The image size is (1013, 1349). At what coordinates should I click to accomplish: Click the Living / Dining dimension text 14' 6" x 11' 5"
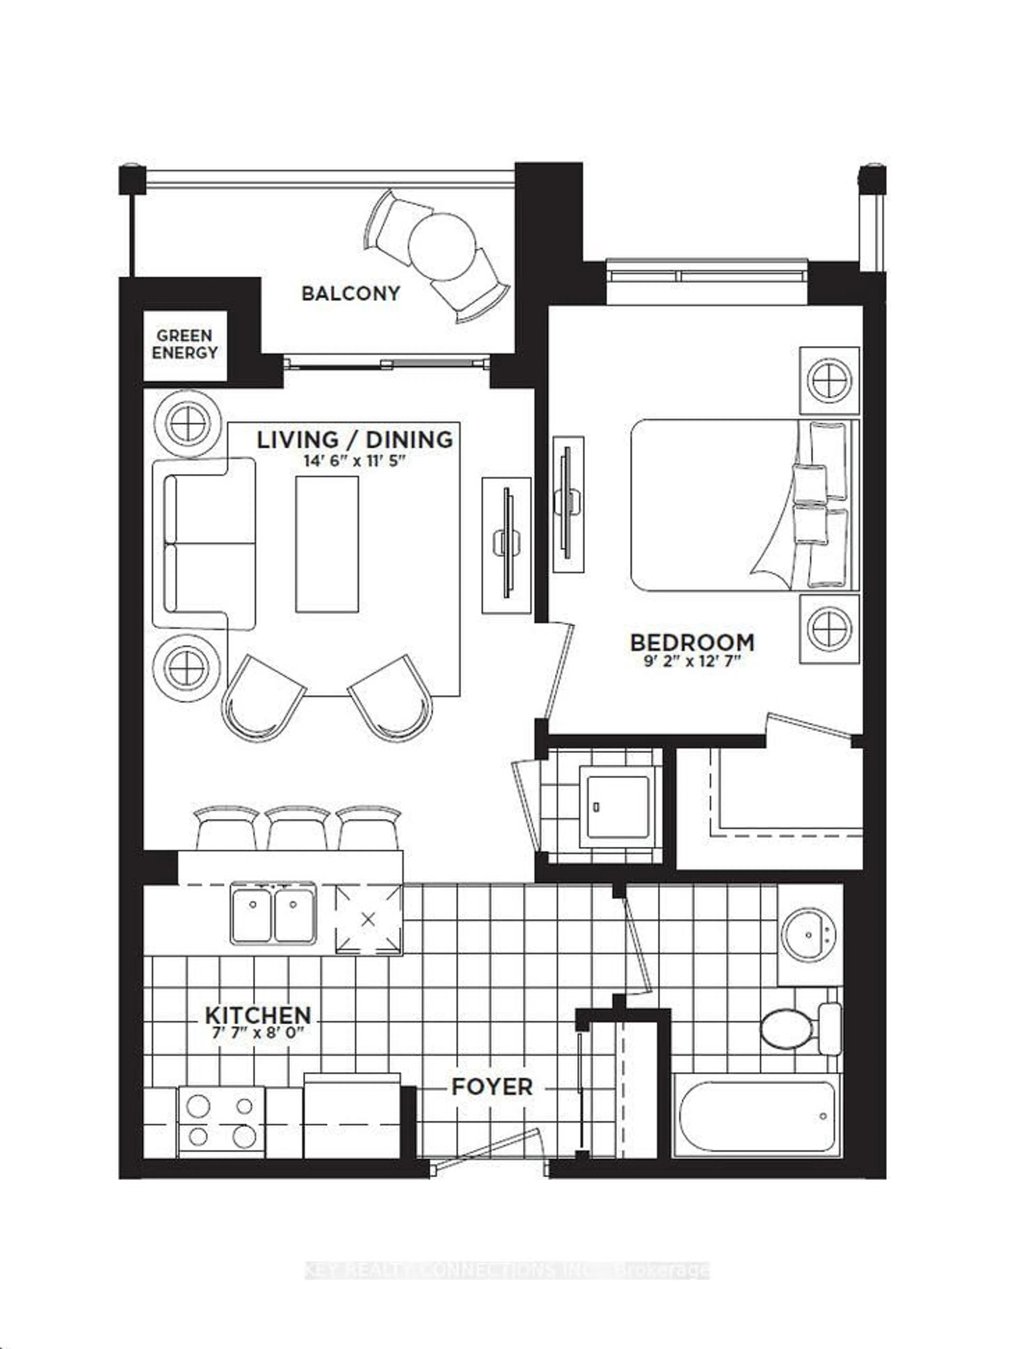point(355,460)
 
